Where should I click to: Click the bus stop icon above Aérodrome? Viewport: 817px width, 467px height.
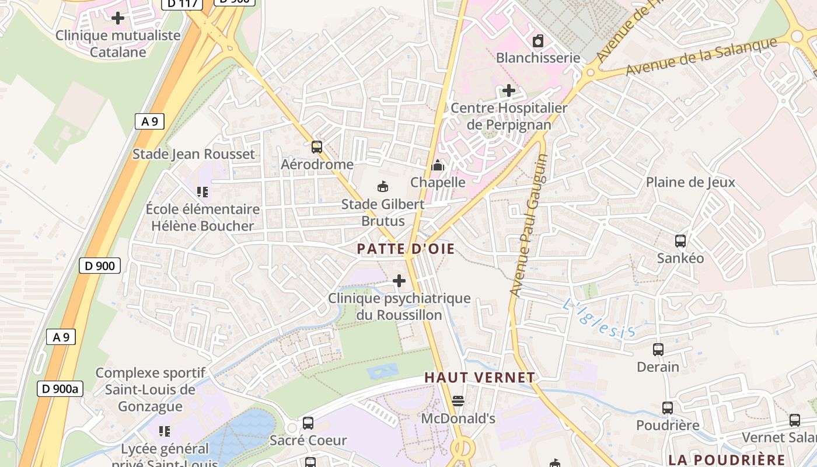pos(317,147)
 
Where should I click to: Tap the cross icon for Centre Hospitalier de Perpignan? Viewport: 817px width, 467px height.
pos(509,90)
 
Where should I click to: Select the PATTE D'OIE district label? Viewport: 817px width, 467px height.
pos(406,249)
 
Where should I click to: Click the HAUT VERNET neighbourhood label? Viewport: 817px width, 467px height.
pos(480,378)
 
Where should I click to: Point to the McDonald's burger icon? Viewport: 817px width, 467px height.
pos(458,401)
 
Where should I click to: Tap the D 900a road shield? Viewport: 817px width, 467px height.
pos(60,389)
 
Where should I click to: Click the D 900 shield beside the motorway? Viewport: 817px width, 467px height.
pos(100,266)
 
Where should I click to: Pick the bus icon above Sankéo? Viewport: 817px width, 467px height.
pos(680,241)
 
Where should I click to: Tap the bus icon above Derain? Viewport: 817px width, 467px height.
pos(658,350)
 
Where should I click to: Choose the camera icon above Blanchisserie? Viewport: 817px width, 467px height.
pos(538,41)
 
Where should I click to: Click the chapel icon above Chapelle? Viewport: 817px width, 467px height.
pos(438,165)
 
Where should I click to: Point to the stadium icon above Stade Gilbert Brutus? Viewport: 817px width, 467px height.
pos(383,187)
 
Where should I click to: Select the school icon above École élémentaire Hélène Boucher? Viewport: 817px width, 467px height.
pos(202,191)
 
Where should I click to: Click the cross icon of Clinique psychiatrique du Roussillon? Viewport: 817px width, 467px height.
pos(399,281)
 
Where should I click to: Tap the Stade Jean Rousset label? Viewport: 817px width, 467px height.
pos(194,154)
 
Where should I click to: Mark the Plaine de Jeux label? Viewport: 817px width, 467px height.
pos(690,182)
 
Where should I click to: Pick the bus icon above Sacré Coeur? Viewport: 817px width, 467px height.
pos(308,423)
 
